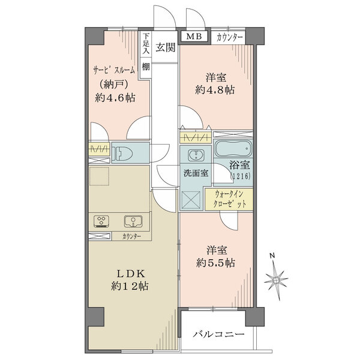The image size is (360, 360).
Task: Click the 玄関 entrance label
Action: tap(165, 49)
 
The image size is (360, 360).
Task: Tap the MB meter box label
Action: tap(194, 37)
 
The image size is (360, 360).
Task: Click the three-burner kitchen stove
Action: tap(101, 221)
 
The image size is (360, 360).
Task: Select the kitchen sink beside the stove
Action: tap(134, 221)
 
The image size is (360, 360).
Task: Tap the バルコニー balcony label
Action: tap(218, 335)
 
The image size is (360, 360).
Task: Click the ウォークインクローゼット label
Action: tap(230, 199)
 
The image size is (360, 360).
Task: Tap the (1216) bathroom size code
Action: tap(241, 176)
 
